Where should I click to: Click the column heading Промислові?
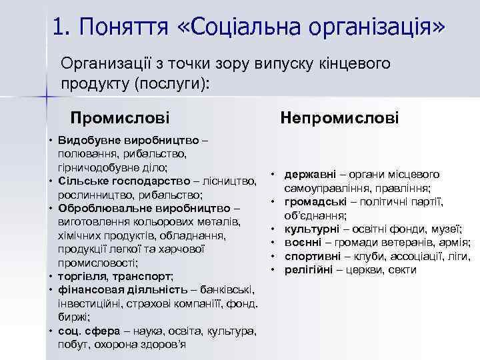coord(120,119)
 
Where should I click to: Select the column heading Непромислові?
coord(339,118)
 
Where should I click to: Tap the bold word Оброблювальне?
coord(97,208)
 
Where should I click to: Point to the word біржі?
coord(72,317)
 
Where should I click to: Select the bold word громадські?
coord(312,202)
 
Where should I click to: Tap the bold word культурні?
coord(310,229)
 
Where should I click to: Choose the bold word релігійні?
coord(310,270)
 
